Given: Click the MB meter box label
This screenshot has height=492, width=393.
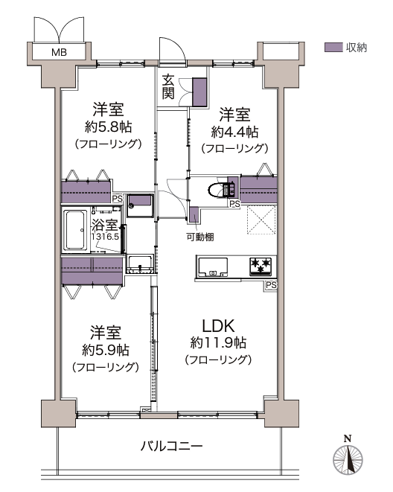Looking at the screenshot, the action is tap(59, 52).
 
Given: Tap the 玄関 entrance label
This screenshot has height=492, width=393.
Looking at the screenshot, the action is tap(167, 87).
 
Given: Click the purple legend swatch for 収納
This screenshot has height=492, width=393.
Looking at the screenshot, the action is tap(333, 48).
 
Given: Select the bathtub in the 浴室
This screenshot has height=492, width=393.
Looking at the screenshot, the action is tap(75, 230).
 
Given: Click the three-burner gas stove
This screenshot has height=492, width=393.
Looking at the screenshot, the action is tap(261, 266).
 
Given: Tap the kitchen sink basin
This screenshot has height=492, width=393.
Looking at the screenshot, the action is tap(213, 267).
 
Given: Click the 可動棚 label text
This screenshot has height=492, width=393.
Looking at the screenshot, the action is tap(200, 237).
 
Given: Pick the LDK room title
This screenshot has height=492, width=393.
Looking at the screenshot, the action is tap(218, 326).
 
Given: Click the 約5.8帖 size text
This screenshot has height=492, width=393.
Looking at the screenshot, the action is tap(108, 127).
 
